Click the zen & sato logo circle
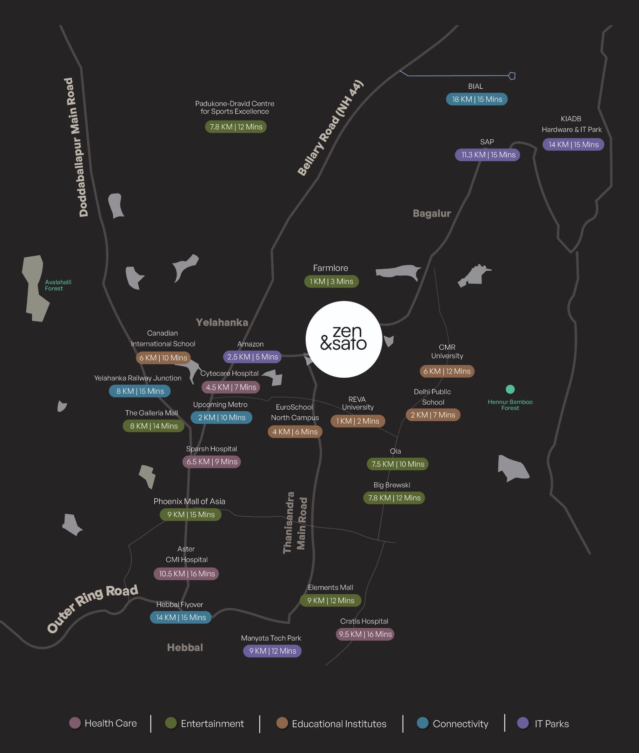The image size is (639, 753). pyautogui.click(x=344, y=339)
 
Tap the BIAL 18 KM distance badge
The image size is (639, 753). pyautogui.click(x=477, y=99)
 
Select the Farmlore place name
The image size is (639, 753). pyautogui.click(x=330, y=268)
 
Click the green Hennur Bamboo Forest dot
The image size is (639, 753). pyautogui.click(x=510, y=389)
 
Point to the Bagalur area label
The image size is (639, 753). pyautogui.click(x=432, y=213)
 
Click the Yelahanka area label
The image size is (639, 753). pyautogui.click(x=222, y=322)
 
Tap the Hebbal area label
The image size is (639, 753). pyautogui.click(x=185, y=647)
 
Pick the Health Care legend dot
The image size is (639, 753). pyautogui.click(x=75, y=723)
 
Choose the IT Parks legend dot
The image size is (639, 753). pyautogui.click(x=523, y=723)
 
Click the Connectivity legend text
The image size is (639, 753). pyautogui.click(x=460, y=724)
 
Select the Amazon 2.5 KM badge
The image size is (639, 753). pyautogui.click(x=252, y=357)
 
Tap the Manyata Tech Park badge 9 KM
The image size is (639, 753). pyautogui.click(x=272, y=651)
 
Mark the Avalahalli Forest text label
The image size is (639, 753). pyautogui.click(x=58, y=285)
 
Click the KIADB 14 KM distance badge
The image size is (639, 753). pyautogui.click(x=573, y=144)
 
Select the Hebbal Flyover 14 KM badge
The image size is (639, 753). pyautogui.click(x=181, y=617)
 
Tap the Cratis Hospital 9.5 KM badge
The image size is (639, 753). pyautogui.click(x=365, y=634)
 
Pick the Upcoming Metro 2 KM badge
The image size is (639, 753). pyautogui.click(x=221, y=417)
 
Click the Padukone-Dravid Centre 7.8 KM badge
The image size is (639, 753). pyautogui.click(x=236, y=127)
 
